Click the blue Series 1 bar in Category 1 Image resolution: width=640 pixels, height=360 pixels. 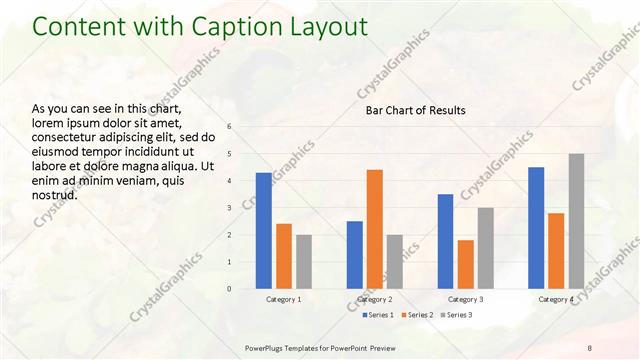[x=264, y=231]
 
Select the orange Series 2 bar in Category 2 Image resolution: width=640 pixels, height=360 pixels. [x=374, y=229]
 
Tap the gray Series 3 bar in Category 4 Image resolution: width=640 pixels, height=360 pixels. [x=576, y=221]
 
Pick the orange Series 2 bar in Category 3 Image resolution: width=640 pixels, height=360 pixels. [x=465, y=264]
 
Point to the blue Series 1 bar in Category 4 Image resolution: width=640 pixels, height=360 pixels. [x=536, y=228]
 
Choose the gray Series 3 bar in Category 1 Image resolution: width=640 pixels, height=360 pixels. [x=304, y=262]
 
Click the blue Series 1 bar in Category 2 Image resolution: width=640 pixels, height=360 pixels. [x=354, y=255]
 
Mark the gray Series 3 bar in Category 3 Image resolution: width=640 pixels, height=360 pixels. [x=485, y=248]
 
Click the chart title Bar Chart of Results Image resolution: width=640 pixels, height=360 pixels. [x=415, y=110]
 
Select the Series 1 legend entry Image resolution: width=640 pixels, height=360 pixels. [x=379, y=315]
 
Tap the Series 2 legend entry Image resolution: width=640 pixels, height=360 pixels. [x=417, y=315]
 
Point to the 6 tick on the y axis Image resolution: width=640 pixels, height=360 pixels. [x=229, y=127]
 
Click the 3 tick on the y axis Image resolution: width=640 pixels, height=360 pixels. [x=229, y=208]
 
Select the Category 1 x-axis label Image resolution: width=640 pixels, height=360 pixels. [x=284, y=299]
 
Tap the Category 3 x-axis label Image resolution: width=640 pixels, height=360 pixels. [x=465, y=299]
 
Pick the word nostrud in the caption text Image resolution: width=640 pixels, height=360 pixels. [x=55, y=194]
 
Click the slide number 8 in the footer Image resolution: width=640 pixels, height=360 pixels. [x=589, y=346]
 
